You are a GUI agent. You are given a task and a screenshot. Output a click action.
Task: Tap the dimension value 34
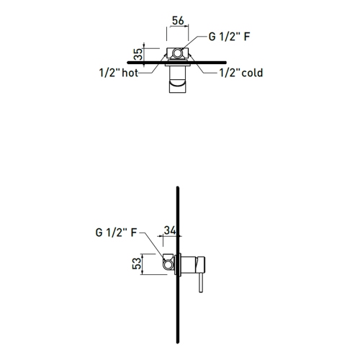coord(171,230)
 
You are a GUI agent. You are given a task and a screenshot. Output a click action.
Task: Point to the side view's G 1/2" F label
coord(116,233)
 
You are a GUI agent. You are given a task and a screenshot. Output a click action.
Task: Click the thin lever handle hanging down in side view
coord(199,283)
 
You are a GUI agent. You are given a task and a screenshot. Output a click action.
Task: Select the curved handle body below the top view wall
coord(176,86)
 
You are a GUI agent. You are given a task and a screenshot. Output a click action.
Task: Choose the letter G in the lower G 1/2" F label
coord(98,233)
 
